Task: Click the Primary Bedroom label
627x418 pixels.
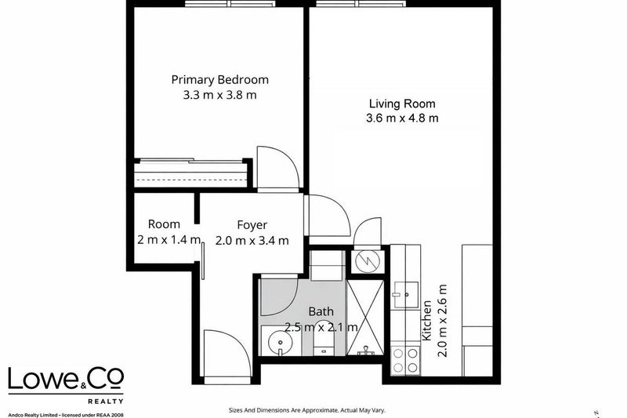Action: (220, 79)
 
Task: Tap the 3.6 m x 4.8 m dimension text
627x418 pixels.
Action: (402, 118)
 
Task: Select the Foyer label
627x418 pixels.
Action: (252, 225)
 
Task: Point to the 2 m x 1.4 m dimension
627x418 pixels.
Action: (169, 240)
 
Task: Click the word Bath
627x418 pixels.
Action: (321, 311)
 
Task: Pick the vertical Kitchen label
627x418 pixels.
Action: (427, 321)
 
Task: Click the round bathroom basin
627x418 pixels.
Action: (281, 343)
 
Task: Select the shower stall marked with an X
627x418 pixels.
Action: (365, 318)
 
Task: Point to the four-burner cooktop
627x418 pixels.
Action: (405, 360)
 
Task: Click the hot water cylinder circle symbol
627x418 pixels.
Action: (368, 262)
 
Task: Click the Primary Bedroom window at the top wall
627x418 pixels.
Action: (230, 4)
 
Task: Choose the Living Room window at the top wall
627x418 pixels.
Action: (361, 4)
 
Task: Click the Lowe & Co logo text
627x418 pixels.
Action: (66, 379)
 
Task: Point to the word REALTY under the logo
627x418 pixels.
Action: (106, 402)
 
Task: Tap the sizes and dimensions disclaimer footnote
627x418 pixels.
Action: (306, 410)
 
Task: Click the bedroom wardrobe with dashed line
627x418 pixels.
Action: (190, 174)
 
